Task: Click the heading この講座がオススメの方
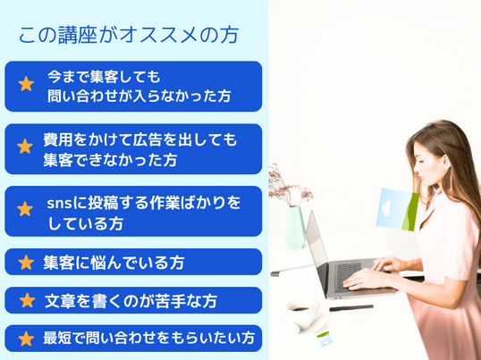[x=129, y=35]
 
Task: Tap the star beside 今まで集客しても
[x=26, y=84]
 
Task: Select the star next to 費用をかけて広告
[x=25, y=147]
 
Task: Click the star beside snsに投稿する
[x=25, y=209]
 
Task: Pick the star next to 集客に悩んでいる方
[x=26, y=263]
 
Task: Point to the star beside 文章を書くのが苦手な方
[x=28, y=300]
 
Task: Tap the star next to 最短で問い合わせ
[x=26, y=339]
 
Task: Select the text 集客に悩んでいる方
[x=114, y=263]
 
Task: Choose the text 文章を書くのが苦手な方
[x=131, y=301]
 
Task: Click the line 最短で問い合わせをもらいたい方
[x=149, y=339]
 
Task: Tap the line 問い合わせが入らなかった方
[x=139, y=96]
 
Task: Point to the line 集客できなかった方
[x=110, y=160]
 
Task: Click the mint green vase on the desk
[x=295, y=226]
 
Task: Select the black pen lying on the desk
[x=351, y=308]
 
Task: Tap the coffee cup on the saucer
[x=302, y=314]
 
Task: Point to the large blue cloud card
[x=397, y=210]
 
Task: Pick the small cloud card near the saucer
[x=324, y=339]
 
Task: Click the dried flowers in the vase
[x=289, y=187]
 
